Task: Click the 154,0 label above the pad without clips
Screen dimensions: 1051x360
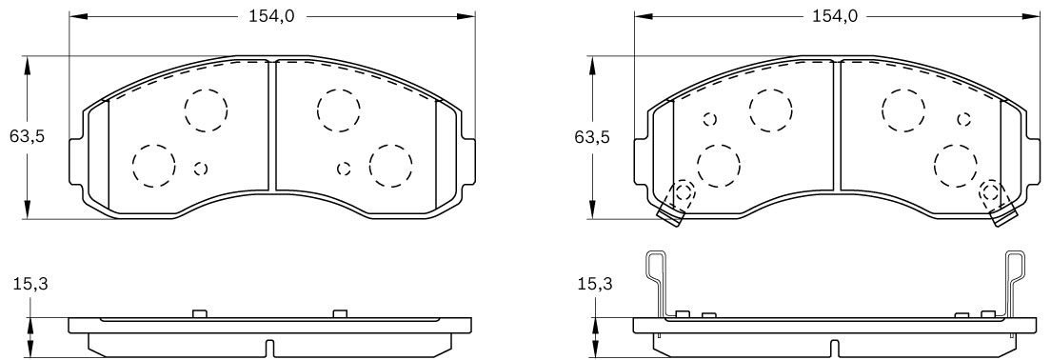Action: (271, 17)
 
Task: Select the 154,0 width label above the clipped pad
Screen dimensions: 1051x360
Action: (835, 17)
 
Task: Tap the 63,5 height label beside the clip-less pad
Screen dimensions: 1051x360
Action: (26, 137)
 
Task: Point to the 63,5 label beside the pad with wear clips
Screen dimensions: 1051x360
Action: (592, 137)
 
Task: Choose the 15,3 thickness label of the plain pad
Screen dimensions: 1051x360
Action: (30, 284)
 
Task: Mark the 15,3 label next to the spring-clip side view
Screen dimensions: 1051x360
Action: (595, 284)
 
